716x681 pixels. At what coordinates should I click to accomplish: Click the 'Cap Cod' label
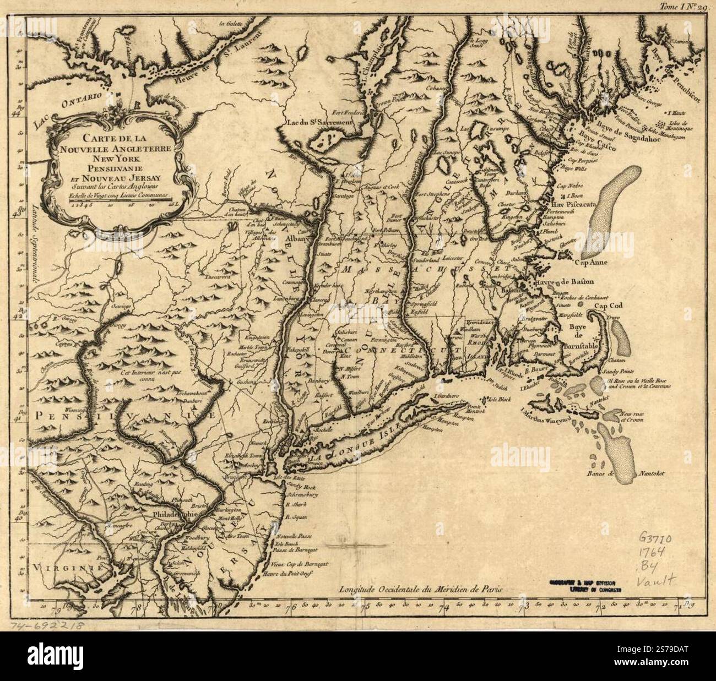(614, 306)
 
